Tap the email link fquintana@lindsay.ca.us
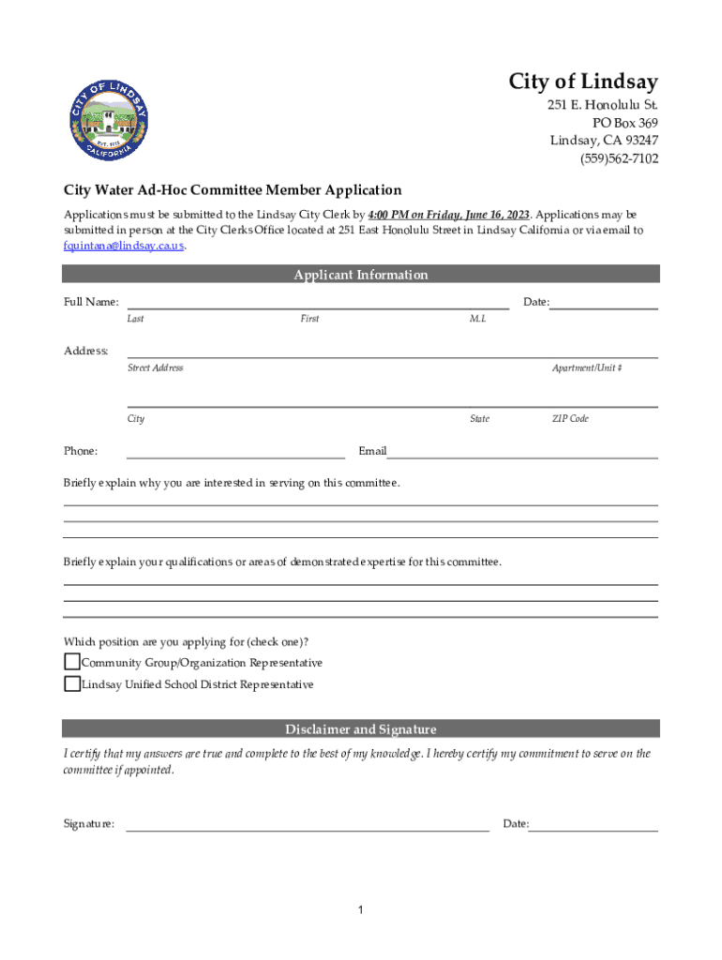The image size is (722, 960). tap(124, 247)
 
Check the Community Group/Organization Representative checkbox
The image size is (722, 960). tap(72, 662)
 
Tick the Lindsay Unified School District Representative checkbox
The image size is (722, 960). tap(72, 684)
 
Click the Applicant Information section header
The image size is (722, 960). tap(361, 275)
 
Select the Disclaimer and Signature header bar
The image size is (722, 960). tap(361, 729)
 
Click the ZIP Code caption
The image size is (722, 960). tap(570, 419)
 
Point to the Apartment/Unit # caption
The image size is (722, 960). tap(587, 368)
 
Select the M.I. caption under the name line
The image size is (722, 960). tap(478, 319)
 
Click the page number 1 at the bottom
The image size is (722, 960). tap(360, 910)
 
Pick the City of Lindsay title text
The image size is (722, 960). tap(583, 82)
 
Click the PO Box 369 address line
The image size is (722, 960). tap(624, 123)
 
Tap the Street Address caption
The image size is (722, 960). tap(155, 368)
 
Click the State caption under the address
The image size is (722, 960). tap(479, 419)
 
